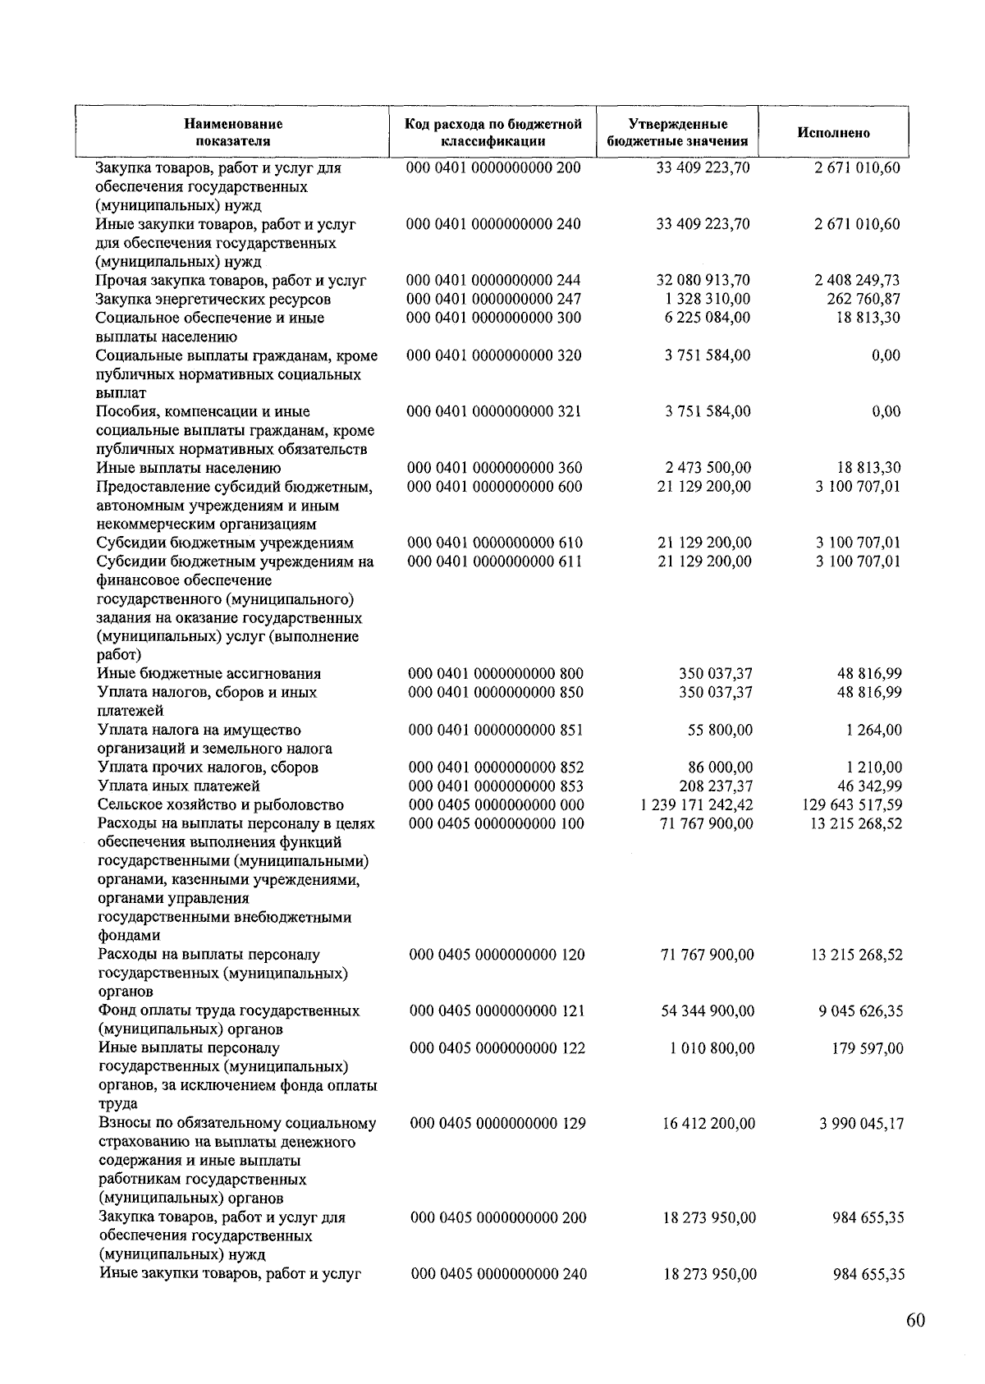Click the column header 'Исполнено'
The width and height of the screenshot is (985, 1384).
point(833,133)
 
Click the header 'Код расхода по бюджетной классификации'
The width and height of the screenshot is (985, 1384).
point(493,132)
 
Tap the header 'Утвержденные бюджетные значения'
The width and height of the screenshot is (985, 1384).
point(677,132)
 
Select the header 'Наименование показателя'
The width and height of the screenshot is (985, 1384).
point(233,132)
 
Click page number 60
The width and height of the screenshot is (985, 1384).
point(916,1320)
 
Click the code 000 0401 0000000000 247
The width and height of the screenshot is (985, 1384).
point(494,299)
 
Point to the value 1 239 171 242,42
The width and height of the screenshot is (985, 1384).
point(696,804)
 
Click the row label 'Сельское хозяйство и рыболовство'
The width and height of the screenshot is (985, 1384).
point(220,804)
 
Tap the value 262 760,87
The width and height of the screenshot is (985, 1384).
point(864,299)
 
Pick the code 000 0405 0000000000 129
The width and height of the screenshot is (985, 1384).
point(497,1123)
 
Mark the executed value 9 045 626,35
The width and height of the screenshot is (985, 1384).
point(860,1011)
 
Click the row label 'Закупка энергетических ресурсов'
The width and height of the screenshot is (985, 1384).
point(213,299)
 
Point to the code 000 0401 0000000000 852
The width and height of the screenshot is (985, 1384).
point(496,768)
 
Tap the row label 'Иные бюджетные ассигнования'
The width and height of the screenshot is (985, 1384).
point(208,674)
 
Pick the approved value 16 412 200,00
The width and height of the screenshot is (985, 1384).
point(708,1123)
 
